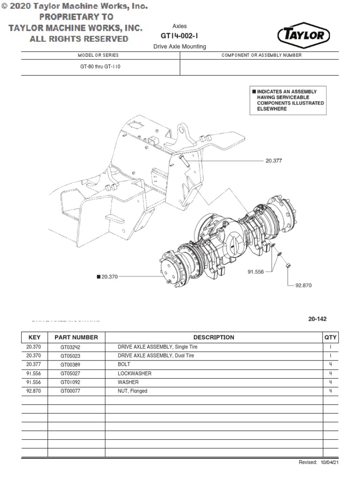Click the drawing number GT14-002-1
click(x=180, y=36)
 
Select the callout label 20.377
click(x=274, y=160)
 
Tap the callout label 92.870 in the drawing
click(x=303, y=285)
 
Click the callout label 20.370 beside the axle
click(x=109, y=277)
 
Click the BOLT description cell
click(x=124, y=364)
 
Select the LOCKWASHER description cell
click(x=135, y=374)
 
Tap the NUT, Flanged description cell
click(x=132, y=391)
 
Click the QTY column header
click(x=330, y=337)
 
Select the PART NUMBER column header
click(x=76, y=337)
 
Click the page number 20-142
click(x=317, y=319)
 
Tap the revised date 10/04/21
click(x=330, y=462)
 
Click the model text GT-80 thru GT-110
click(x=100, y=67)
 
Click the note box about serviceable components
click(x=287, y=100)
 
